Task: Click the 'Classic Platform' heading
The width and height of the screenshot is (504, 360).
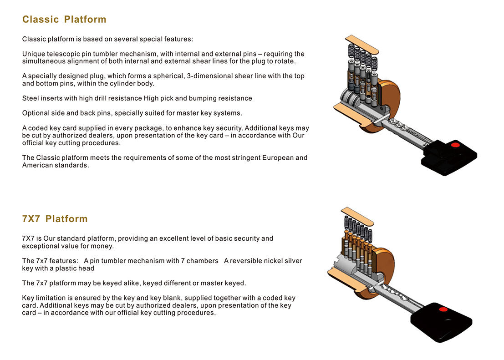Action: pyautogui.click(x=64, y=19)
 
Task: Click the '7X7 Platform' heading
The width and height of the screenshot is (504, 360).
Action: pyautogui.click(x=55, y=218)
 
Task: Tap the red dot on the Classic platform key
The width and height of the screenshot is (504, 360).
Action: pyautogui.click(x=455, y=145)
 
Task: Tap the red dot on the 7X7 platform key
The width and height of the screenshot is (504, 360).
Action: pyautogui.click(x=443, y=309)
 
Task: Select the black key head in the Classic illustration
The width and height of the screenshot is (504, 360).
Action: pyautogui.click(x=450, y=157)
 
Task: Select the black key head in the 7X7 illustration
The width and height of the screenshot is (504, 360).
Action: pyautogui.click(x=442, y=322)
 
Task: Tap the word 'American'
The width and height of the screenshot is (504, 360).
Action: pyautogui.click(x=36, y=165)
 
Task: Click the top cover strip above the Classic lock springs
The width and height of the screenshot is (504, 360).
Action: pyautogui.click(x=361, y=44)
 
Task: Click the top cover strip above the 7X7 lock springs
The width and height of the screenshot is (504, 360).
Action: pyautogui.click(x=357, y=216)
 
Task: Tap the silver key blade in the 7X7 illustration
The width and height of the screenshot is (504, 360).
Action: pyautogui.click(x=397, y=296)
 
